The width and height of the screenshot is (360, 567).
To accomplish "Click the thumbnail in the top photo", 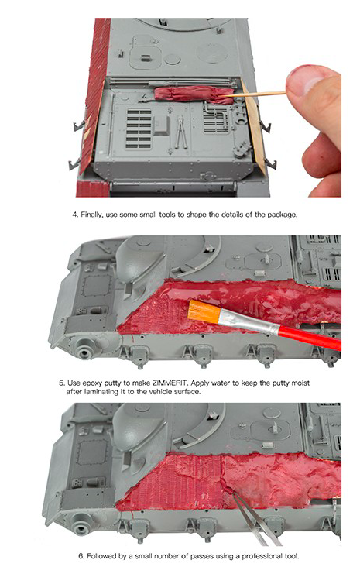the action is click(307, 78).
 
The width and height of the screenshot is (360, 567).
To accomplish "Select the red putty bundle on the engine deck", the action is click(194, 94).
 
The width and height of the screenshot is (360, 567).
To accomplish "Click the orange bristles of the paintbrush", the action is click(204, 311).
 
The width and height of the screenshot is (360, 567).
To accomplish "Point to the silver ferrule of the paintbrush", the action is click(249, 322).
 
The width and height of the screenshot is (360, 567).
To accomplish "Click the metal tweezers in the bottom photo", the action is click(255, 518).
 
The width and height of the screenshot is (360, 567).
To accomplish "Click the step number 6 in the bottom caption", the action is click(81, 556).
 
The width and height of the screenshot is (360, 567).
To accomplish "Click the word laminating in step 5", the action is click(101, 392).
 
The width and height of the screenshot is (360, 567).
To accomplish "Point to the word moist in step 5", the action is click(301, 383).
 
